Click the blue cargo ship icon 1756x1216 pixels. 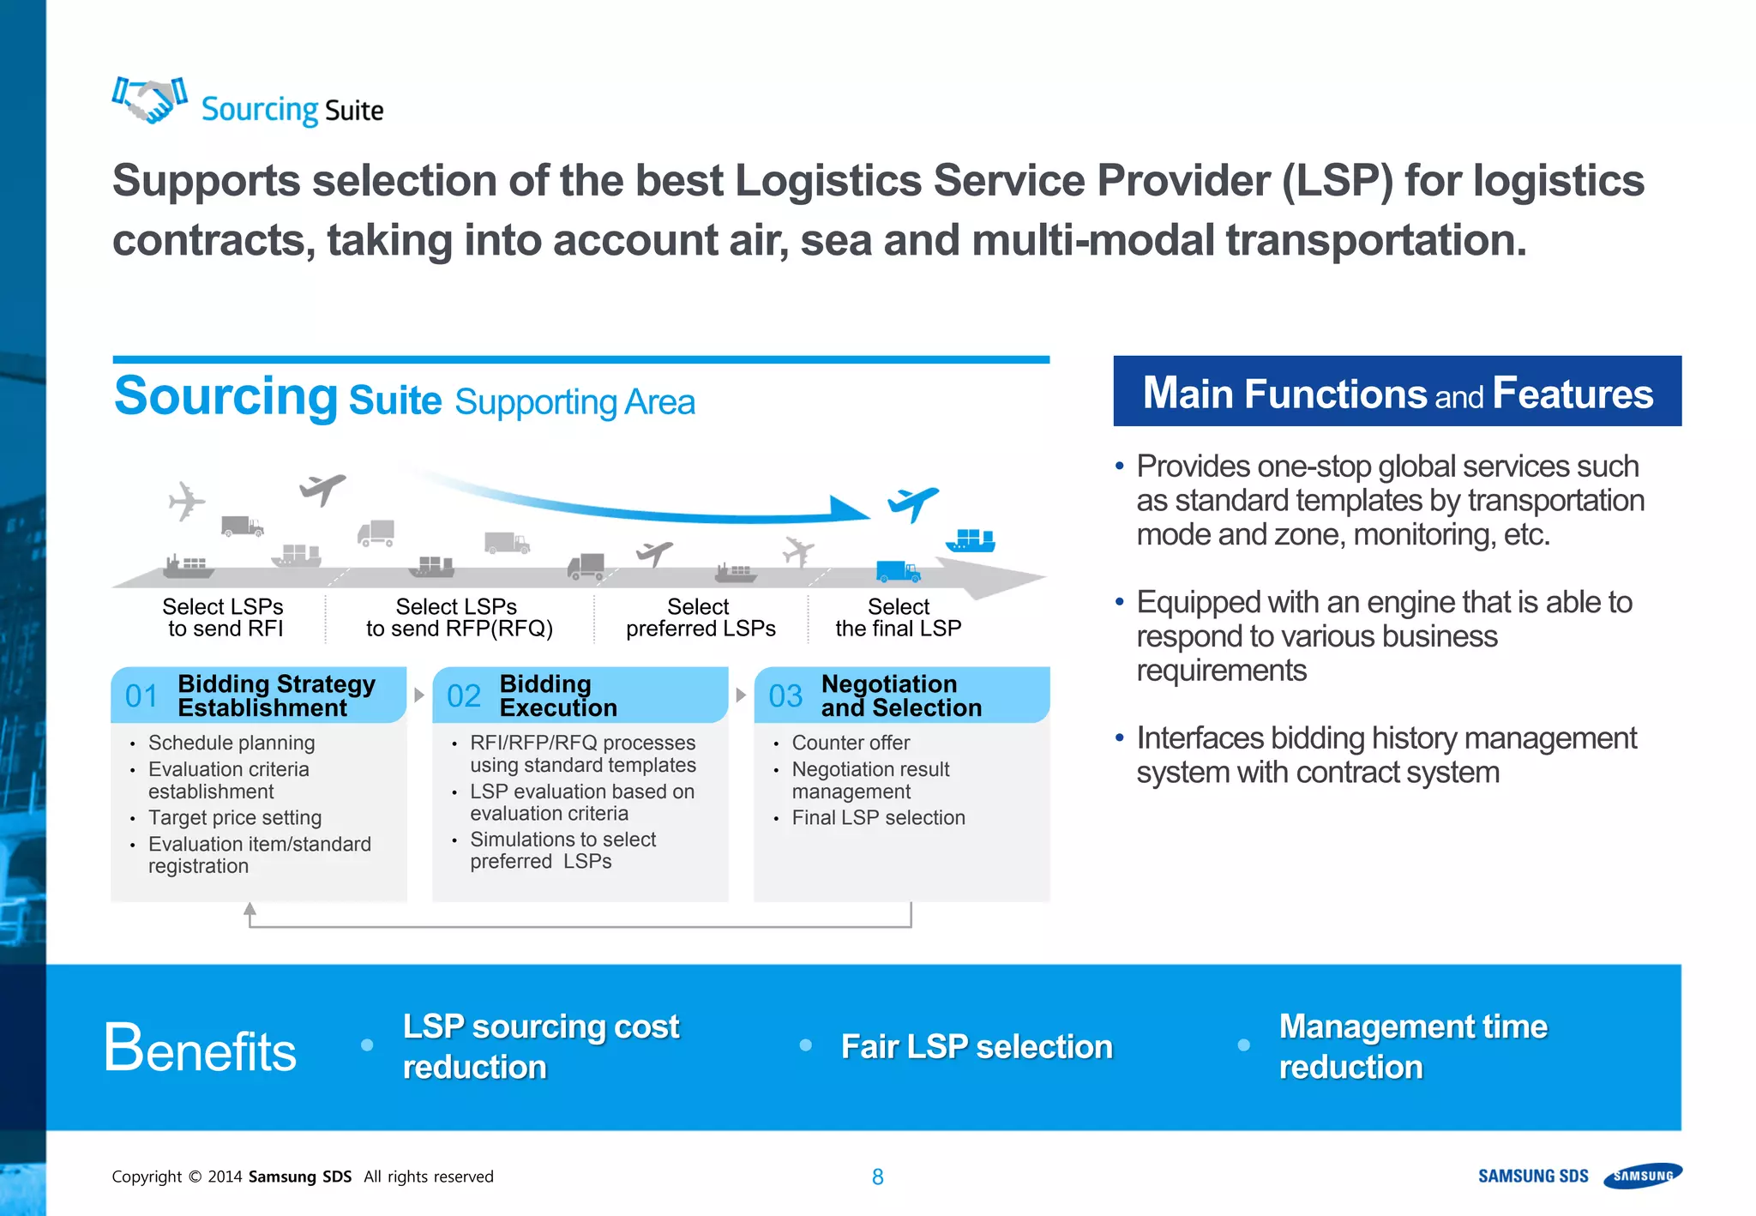971,540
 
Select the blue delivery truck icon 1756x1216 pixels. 897,571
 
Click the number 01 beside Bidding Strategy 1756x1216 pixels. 141,695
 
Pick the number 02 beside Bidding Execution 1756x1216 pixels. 464,695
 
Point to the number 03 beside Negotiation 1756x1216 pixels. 785,695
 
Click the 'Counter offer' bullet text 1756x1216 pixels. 851,743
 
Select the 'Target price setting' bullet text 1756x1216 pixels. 235,817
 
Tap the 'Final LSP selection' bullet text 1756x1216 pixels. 878,817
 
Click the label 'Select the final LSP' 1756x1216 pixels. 898,617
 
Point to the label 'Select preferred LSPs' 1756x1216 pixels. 701,617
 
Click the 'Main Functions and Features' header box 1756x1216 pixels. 1397,392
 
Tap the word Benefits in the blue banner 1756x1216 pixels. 200,1049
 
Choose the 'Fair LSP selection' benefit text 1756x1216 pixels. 977,1046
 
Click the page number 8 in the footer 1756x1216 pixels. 877,1177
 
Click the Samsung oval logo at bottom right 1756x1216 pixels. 1643,1175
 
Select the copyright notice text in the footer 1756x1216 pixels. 302,1177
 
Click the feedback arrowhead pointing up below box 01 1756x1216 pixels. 250,909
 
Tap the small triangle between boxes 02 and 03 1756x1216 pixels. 741,695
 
